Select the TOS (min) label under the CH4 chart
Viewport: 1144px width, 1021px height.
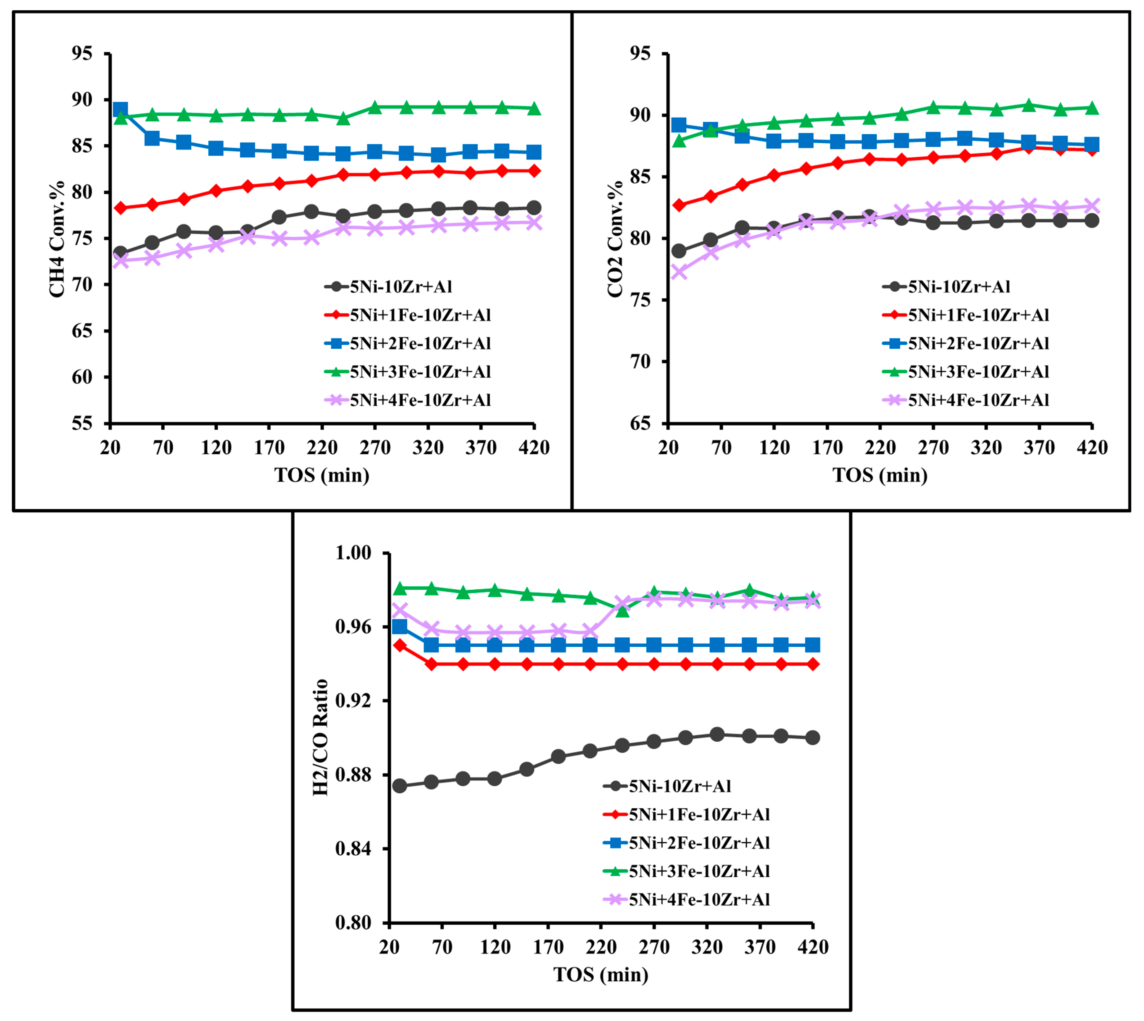322,475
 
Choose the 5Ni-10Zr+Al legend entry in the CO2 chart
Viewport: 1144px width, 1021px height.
959,287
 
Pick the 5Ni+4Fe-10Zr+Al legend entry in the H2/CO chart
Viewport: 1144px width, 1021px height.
699,899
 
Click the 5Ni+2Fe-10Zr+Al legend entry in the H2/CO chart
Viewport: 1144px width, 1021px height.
699,843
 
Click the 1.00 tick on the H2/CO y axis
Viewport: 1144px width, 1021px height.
354,553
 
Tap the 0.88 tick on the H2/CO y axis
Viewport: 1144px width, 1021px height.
354,775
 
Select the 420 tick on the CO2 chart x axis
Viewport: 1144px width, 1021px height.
1092,447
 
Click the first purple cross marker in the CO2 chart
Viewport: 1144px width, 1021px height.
679,272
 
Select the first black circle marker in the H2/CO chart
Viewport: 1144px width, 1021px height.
400,786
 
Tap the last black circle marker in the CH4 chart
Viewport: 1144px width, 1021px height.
534,208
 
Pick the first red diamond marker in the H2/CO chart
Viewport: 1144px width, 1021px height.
400,645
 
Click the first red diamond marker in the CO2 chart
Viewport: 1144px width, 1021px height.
679,205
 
